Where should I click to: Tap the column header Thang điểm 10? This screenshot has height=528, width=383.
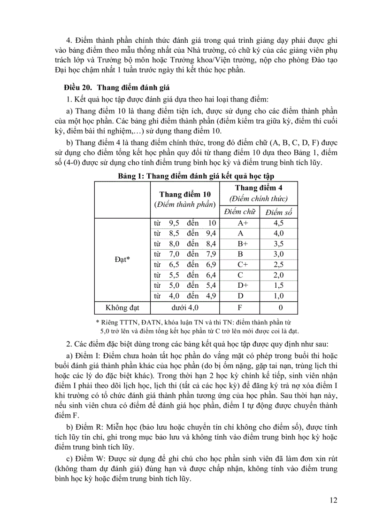click(185, 194)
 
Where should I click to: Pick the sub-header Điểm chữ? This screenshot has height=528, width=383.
click(239, 211)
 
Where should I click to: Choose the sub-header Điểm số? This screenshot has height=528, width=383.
click(278, 211)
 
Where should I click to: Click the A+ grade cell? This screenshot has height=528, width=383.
click(243, 223)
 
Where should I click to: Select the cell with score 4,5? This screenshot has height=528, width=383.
click(278, 223)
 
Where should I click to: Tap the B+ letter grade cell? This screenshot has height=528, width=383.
click(243, 244)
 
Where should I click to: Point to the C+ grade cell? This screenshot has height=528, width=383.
click(243, 265)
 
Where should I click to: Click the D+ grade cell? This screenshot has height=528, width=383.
click(243, 285)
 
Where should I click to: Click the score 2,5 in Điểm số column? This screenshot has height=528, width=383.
click(278, 265)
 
